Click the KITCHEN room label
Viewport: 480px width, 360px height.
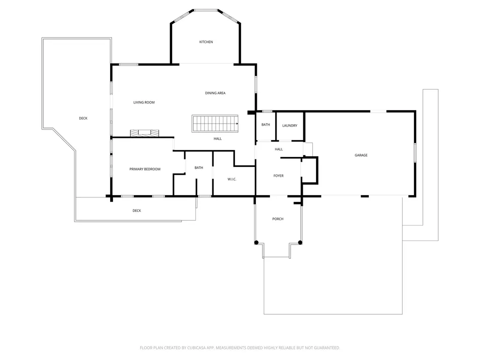(x=206, y=42)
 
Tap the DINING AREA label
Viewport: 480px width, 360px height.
(x=215, y=93)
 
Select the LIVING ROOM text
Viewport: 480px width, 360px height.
(x=144, y=103)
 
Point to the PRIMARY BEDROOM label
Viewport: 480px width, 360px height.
(x=145, y=169)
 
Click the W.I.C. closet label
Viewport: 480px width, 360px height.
(x=232, y=180)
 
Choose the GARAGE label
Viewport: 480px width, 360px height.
(x=361, y=155)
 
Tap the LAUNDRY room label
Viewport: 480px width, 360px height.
(x=290, y=126)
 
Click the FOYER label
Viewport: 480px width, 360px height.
(x=278, y=176)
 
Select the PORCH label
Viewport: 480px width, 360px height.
(x=277, y=219)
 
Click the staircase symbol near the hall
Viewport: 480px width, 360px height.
(x=215, y=124)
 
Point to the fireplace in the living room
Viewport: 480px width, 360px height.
(x=144, y=133)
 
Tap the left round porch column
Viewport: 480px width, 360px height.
(x=256, y=242)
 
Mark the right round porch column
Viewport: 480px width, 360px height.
(x=300, y=242)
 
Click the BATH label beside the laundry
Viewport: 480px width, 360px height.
(x=266, y=125)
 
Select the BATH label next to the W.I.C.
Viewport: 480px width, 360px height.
(x=199, y=168)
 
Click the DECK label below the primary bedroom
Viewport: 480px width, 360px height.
(x=137, y=210)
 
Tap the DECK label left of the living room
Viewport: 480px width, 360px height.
(x=83, y=118)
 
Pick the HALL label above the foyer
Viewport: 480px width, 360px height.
(x=278, y=150)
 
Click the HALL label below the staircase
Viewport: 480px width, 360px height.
(x=217, y=139)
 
